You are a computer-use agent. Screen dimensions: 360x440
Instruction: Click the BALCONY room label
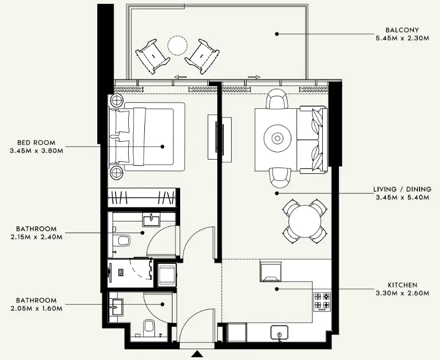pyautogui.click(x=403, y=30)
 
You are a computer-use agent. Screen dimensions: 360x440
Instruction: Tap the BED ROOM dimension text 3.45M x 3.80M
pyautogui.click(x=36, y=151)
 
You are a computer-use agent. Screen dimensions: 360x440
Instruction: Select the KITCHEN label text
pyautogui.click(x=402, y=285)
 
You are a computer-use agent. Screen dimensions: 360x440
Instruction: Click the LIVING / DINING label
pyautogui.click(x=402, y=189)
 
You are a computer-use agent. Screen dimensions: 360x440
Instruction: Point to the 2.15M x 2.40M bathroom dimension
pyautogui.click(x=36, y=237)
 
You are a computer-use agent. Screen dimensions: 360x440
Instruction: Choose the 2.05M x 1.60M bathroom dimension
pyautogui.click(x=36, y=309)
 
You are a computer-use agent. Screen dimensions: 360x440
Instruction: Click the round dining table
pyautogui.click(x=305, y=221)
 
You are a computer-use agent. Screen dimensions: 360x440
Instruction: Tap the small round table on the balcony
pyautogui.click(x=178, y=45)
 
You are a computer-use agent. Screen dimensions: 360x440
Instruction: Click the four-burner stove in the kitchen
pyautogui.click(x=322, y=300)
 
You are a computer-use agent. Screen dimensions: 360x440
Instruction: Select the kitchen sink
pyautogui.click(x=280, y=332)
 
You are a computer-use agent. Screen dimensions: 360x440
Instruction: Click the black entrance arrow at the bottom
pyautogui.click(x=197, y=355)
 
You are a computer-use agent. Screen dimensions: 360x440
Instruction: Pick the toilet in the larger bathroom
pyautogui.click(x=123, y=240)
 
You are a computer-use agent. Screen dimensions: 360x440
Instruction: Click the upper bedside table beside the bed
pyautogui.click(x=118, y=100)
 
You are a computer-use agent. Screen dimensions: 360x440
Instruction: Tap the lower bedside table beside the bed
pyautogui.click(x=118, y=173)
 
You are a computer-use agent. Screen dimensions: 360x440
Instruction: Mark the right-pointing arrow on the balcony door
pyautogui.click(x=254, y=77)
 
